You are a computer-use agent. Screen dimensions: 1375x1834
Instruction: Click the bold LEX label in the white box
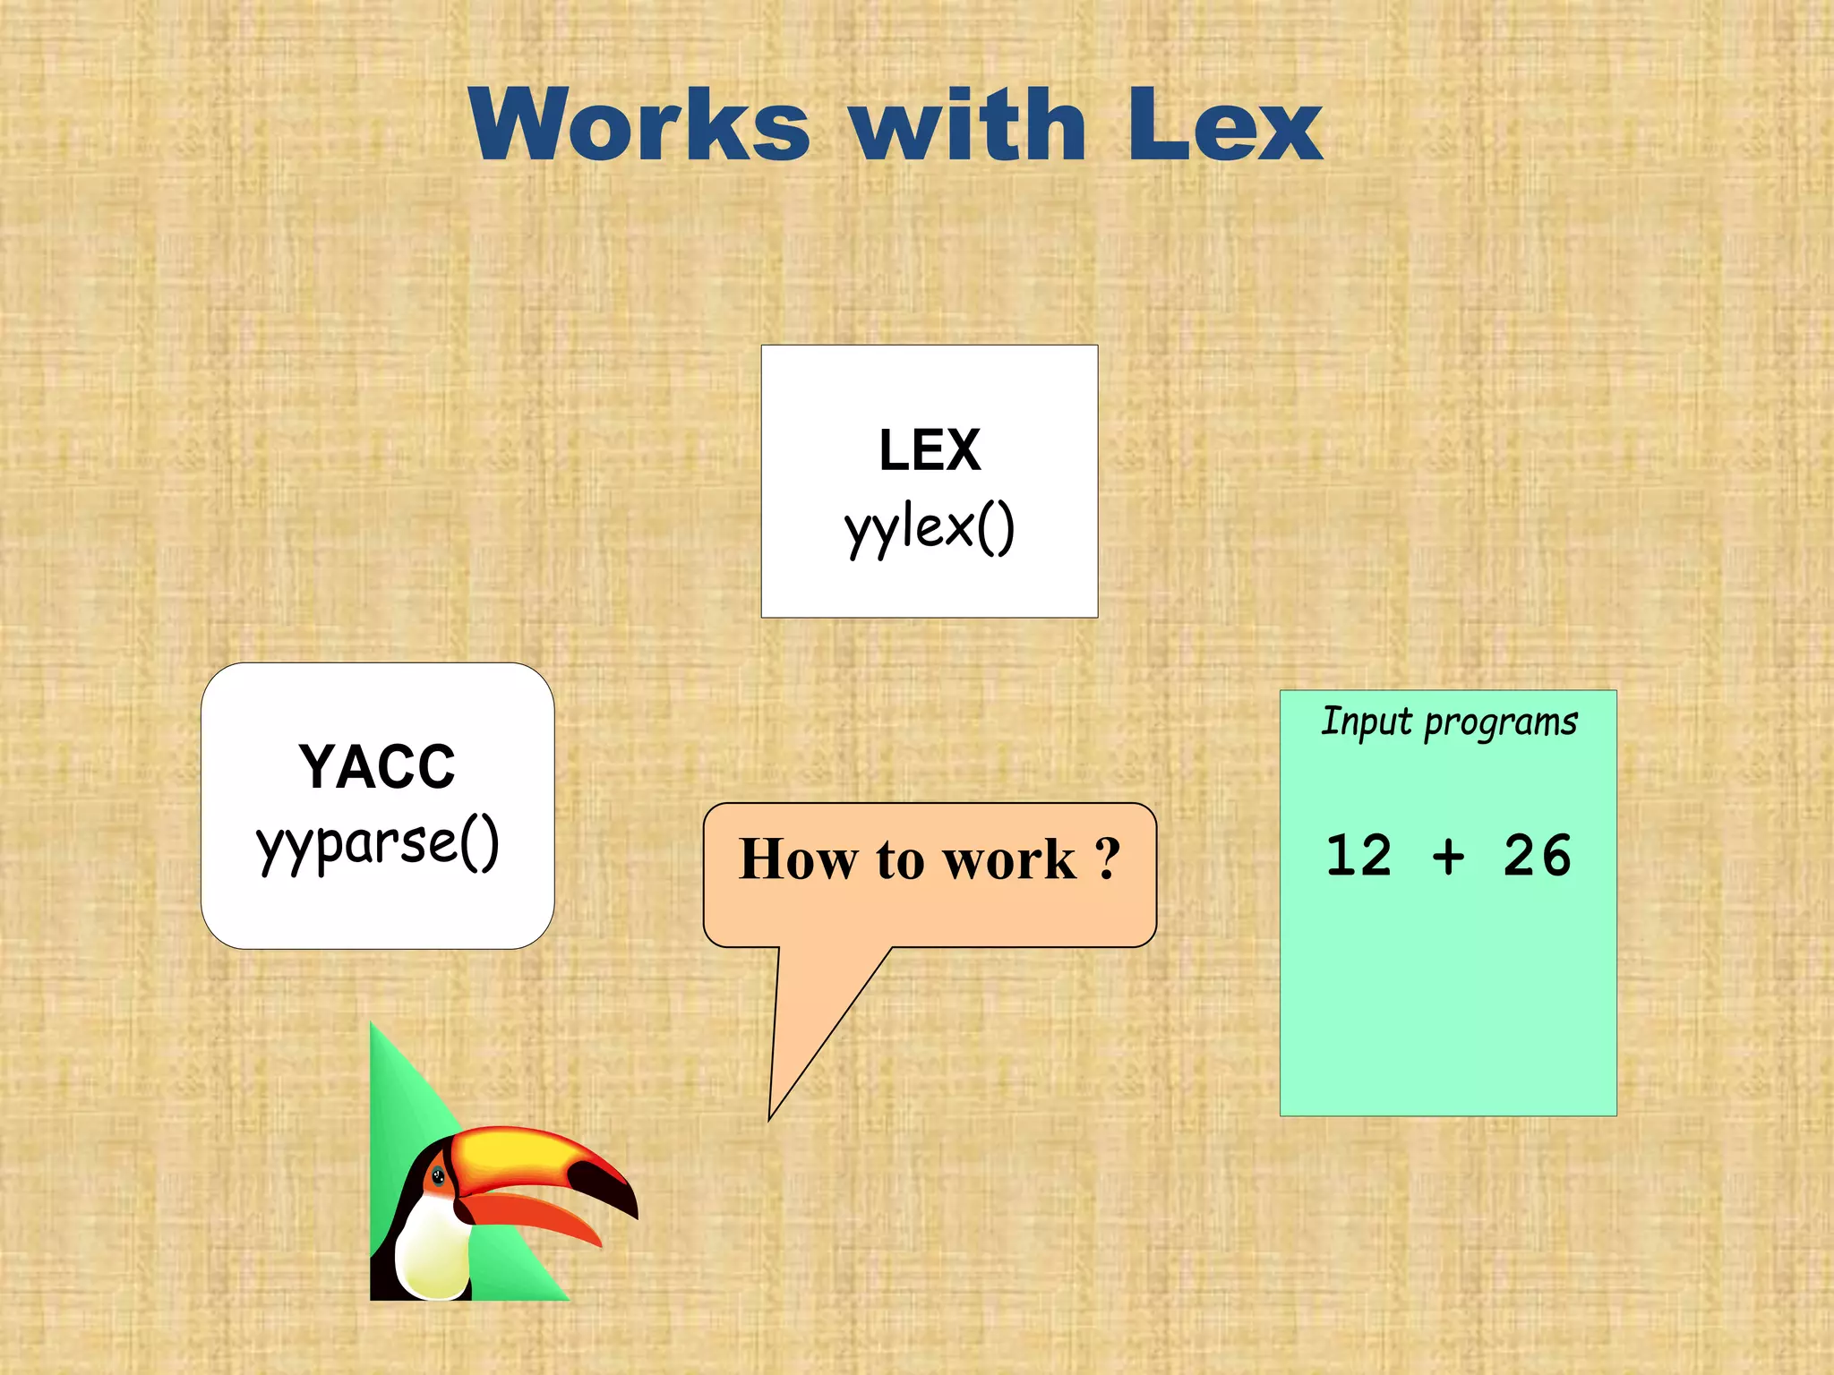(930, 449)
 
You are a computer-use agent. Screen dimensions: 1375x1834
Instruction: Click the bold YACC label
(377, 767)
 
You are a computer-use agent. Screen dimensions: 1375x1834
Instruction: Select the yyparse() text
(377, 843)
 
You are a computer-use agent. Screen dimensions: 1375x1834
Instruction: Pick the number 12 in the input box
(1358, 855)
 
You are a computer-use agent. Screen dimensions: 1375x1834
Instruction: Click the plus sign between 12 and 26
(1448, 857)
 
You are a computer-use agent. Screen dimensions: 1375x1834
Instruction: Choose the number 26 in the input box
(1537, 855)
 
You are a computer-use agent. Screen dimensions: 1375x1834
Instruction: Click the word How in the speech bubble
(797, 859)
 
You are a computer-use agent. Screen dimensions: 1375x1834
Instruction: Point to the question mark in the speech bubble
(1108, 859)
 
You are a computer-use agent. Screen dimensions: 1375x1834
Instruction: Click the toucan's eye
(439, 1176)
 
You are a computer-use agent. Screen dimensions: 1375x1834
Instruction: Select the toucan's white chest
(430, 1249)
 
